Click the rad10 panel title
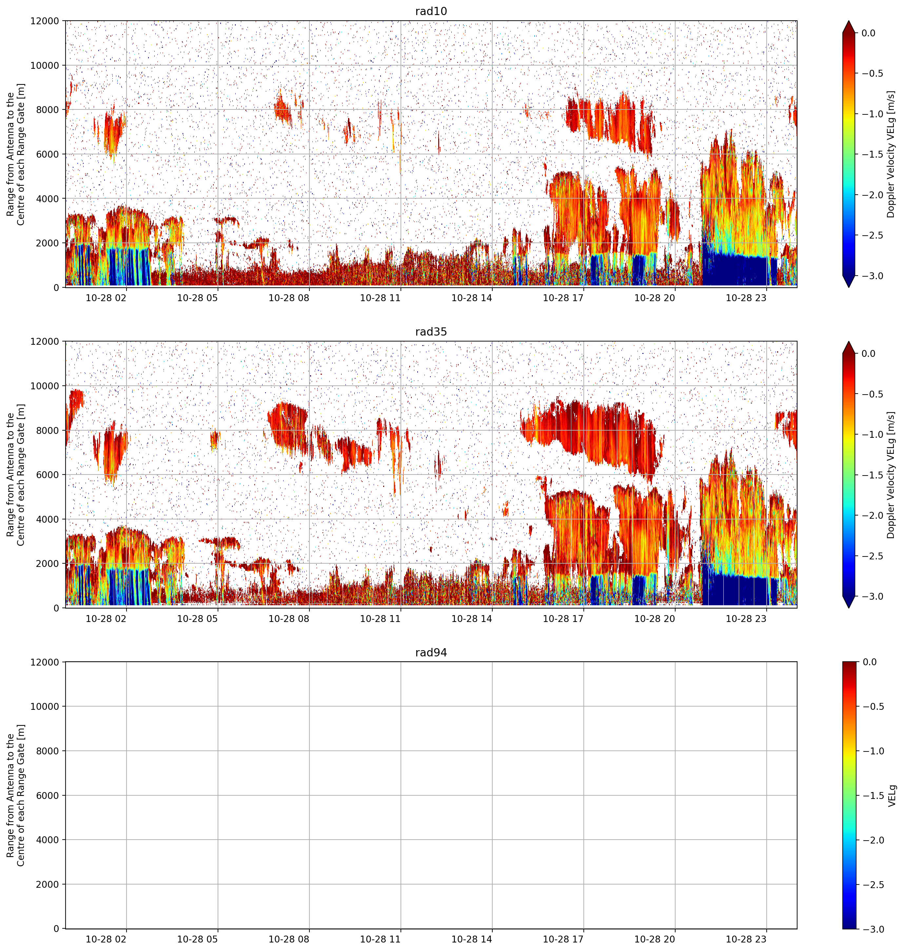[431, 11]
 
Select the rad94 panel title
[431, 652]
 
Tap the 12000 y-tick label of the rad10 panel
[44, 21]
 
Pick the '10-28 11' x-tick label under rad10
[380, 298]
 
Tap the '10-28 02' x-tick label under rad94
[106, 939]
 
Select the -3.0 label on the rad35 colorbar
[872, 596]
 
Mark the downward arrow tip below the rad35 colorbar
[849, 608]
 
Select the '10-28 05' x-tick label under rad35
[198, 618]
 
